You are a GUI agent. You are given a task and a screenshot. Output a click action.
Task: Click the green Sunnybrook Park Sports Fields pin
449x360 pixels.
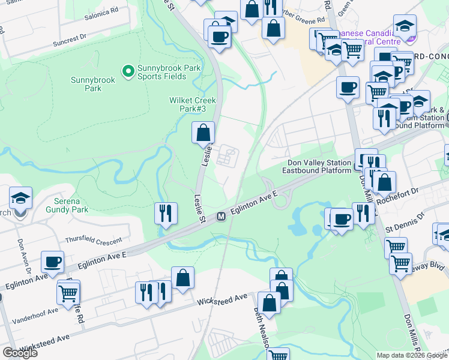click(x=128, y=72)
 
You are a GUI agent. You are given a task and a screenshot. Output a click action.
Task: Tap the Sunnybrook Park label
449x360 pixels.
click(x=86, y=84)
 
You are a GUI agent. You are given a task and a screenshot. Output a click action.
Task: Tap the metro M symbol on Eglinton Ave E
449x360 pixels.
click(x=221, y=216)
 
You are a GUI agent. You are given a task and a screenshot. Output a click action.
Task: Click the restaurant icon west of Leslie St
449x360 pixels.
click(x=165, y=213)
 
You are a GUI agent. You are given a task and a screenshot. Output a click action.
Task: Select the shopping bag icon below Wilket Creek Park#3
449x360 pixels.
click(x=203, y=132)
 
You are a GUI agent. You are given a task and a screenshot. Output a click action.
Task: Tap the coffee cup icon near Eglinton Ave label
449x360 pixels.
click(x=52, y=262)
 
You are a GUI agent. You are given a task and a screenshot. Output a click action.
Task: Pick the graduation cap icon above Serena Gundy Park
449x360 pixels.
click(x=20, y=198)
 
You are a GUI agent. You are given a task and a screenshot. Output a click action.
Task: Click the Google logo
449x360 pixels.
click(x=20, y=353)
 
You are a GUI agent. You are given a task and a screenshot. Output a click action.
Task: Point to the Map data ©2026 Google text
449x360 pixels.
click(x=411, y=355)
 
